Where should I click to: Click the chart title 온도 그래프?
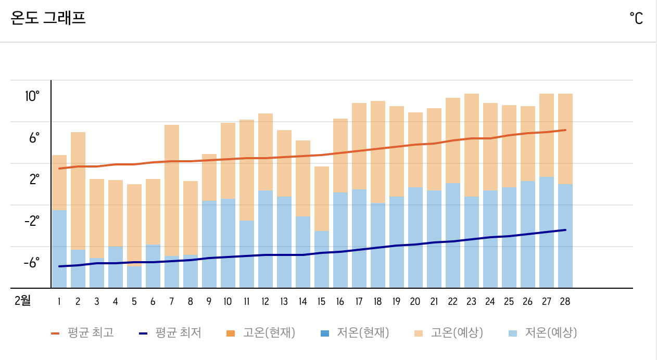pos(48,18)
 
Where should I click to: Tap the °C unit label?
pos(636,19)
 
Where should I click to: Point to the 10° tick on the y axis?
pos(31,96)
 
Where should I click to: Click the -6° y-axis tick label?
pos(31,262)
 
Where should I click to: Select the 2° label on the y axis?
pos(34,179)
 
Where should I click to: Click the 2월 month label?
pos(22,301)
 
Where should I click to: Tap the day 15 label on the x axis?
pos(321,301)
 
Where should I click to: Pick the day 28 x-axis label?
pos(565,301)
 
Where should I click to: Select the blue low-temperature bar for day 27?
pos(547,232)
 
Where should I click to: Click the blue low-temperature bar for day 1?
pos(59,249)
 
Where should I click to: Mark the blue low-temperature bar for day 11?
pos(247,254)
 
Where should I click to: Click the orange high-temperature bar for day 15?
pos(322,198)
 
